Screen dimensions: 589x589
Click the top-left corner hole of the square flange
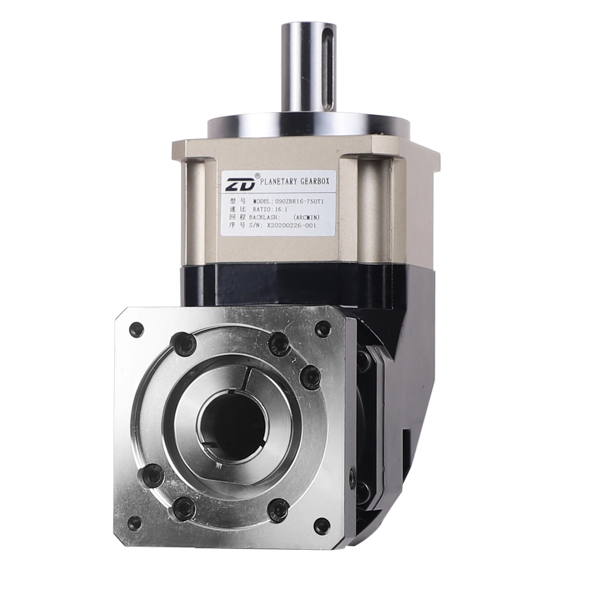pos(137,328)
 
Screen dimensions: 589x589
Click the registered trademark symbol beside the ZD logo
pos(257,175)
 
